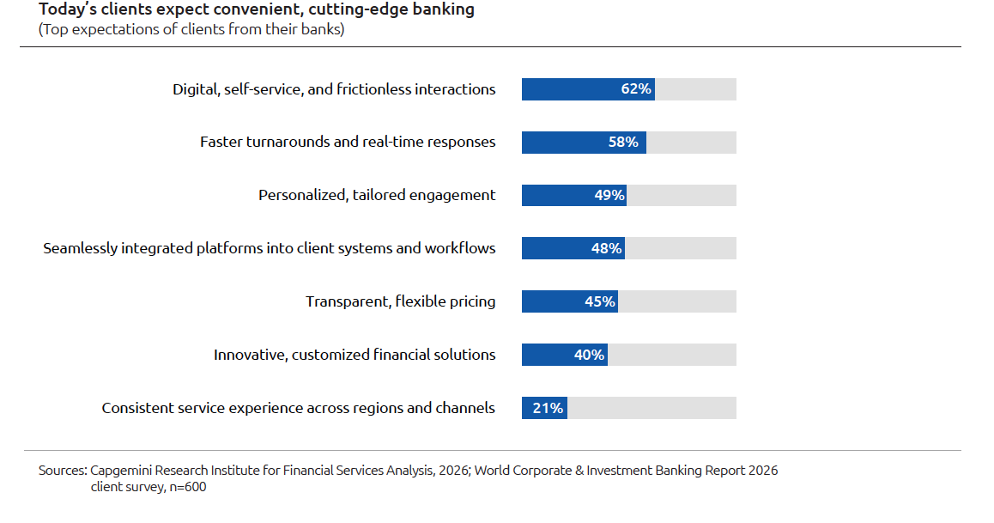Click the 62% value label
tap(636, 89)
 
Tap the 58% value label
tap(623, 143)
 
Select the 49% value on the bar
tap(609, 196)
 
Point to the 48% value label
tap(606, 249)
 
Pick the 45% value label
tap(600, 301)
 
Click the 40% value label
tap(589, 355)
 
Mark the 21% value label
tap(548, 408)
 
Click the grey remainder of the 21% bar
tap(651, 408)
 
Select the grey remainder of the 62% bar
tap(695, 89)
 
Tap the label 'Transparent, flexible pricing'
tap(401, 301)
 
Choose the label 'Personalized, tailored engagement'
tap(377, 196)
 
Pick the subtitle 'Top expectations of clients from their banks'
tap(191, 29)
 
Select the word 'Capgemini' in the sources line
tap(122, 471)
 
